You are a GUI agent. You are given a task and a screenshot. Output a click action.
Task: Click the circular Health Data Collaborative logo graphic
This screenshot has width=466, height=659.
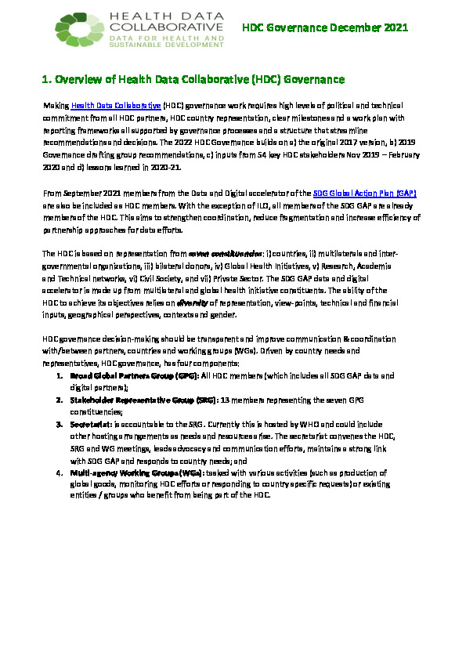click(x=78, y=31)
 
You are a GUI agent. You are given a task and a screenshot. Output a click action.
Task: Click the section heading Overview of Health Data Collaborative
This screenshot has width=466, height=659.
click(x=193, y=79)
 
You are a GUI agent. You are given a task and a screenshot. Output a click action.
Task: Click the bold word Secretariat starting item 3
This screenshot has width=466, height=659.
click(x=91, y=423)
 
